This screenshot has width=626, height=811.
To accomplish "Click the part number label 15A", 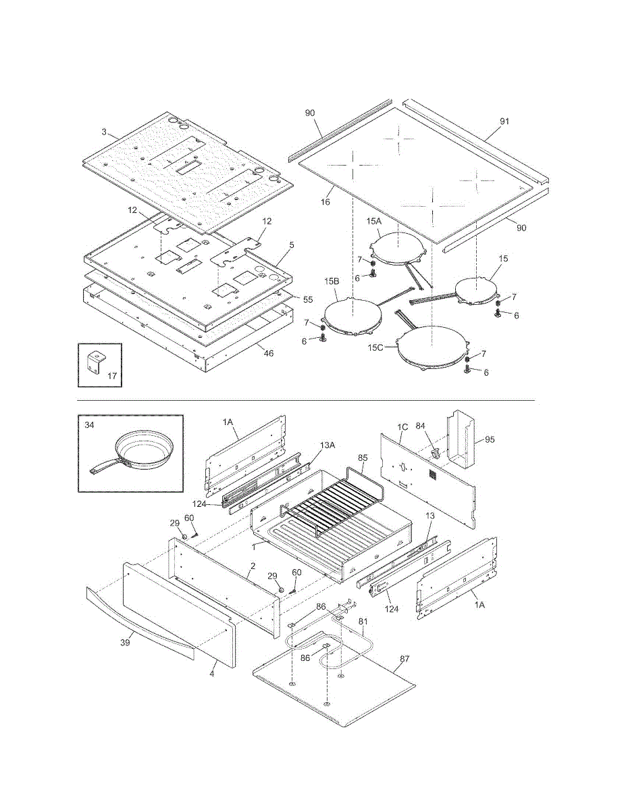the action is (x=374, y=221).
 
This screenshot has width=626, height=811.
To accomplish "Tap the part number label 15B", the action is (x=332, y=281).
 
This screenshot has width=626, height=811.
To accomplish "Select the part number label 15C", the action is (x=375, y=348).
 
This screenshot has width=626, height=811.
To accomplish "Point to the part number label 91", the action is (x=504, y=121).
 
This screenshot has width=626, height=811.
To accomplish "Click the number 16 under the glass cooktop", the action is (x=325, y=202).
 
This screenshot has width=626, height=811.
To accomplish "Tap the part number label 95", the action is (x=490, y=440).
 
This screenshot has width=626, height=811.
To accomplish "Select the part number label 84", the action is (x=420, y=426).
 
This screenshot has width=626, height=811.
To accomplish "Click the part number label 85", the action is (x=363, y=458).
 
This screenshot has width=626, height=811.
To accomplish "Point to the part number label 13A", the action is (x=327, y=445).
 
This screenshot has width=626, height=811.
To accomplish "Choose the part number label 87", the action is (x=405, y=659).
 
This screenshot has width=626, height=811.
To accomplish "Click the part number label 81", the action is (x=363, y=621).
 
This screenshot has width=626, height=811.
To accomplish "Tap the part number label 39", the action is (x=126, y=643).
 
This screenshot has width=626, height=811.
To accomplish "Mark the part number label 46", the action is (x=269, y=353).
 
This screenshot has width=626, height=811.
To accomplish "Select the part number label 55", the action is (x=307, y=299).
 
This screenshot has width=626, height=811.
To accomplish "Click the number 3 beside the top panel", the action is (x=104, y=132).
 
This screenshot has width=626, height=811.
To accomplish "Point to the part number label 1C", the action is (x=402, y=427).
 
